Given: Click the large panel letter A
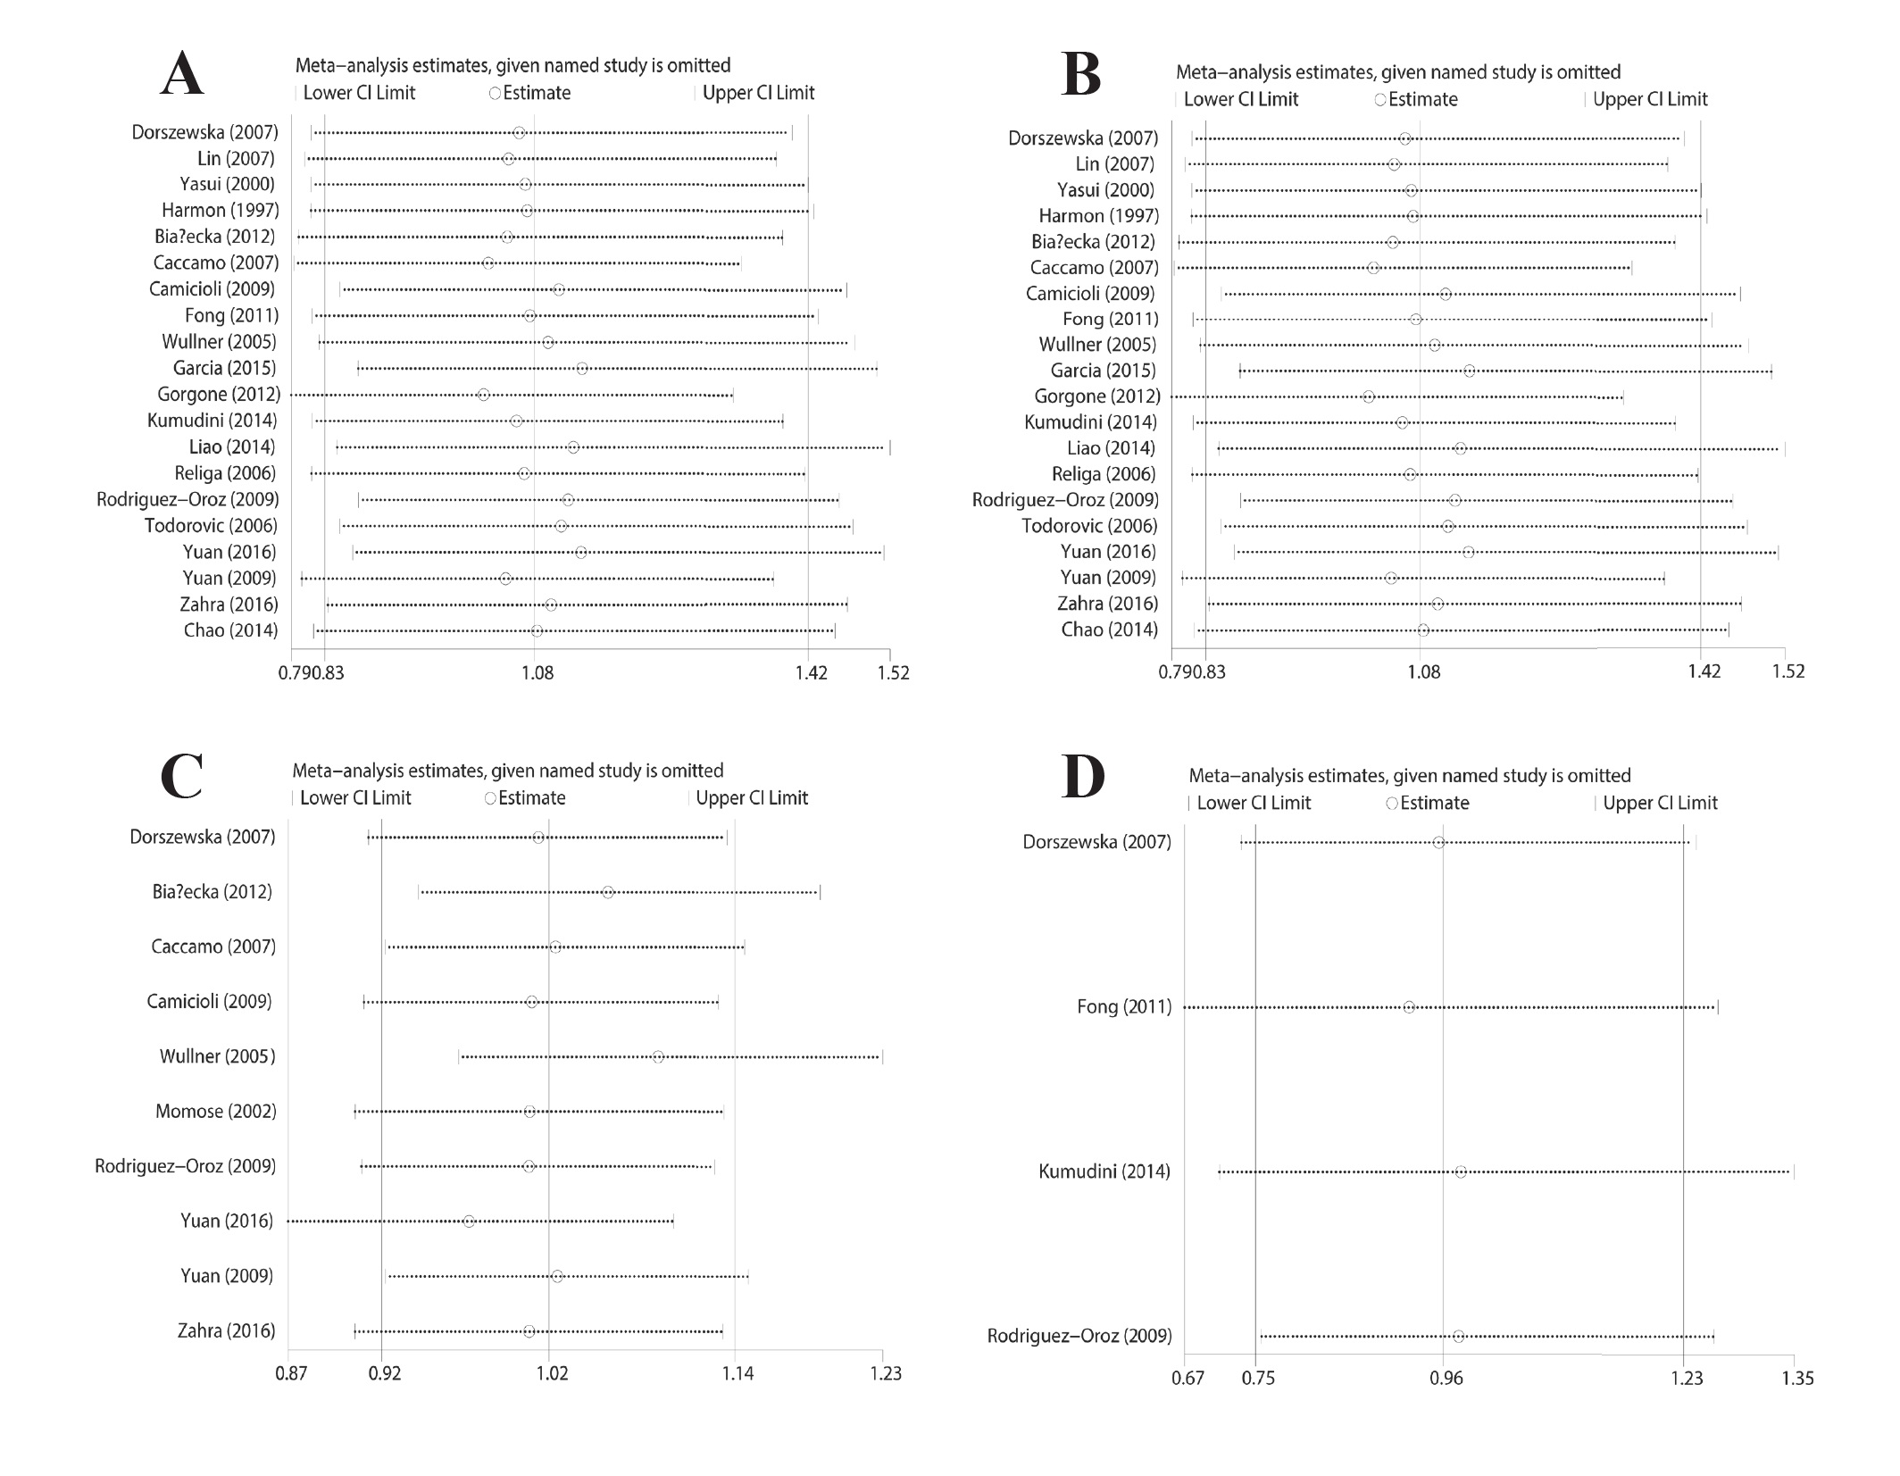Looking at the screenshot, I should (x=183, y=74).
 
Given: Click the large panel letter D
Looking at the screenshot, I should (x=1082, y=777).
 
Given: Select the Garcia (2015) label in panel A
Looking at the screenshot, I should (x=224, y=368).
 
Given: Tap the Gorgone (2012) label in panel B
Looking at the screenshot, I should (x=1096, y=396).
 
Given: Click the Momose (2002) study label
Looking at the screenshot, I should (x=215, y=1112).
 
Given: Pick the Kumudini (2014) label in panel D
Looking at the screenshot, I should (x=1104, y=1172).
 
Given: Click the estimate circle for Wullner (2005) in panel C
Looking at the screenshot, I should (x=658, y=1057).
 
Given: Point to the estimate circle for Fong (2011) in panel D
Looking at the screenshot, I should (x=1409, y=1007).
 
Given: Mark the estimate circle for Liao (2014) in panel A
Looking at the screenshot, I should (x=573, y=447).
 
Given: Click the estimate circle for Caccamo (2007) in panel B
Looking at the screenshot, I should (x=1373, y=268).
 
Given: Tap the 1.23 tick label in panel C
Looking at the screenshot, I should (x=885, y=1373).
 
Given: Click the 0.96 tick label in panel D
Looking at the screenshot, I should (x=1446, y=1379).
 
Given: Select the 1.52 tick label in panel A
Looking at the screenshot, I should (x=892, y=672).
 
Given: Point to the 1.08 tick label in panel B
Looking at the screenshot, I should (x=1423, y=671).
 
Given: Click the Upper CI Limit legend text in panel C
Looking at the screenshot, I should (x=751, y=798).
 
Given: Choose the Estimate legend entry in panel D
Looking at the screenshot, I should (x=1433, y=804).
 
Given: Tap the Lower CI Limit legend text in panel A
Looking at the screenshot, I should (x=359, y=93).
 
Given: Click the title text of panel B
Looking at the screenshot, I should (x=1397, y=72).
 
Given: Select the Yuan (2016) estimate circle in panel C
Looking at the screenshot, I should (x=469, y=1222).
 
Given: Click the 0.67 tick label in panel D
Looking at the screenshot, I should (x=1188, y=1379).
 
